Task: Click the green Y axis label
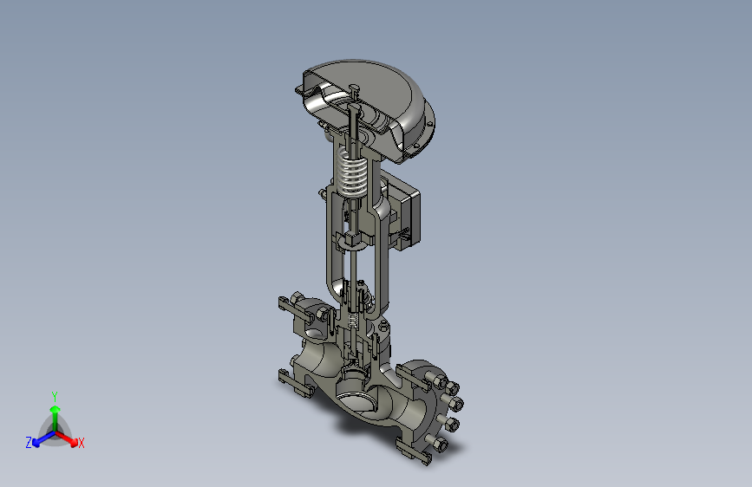(x=55, y=396)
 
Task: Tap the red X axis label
(x=81, y=444)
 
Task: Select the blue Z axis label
(x=29, y=443)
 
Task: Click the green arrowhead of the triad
(x=56, y=409)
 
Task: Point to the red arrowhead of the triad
(x=73, y=441)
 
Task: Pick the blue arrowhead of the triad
(x=36, y=443)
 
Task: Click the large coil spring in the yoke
(x=352, y=171)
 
